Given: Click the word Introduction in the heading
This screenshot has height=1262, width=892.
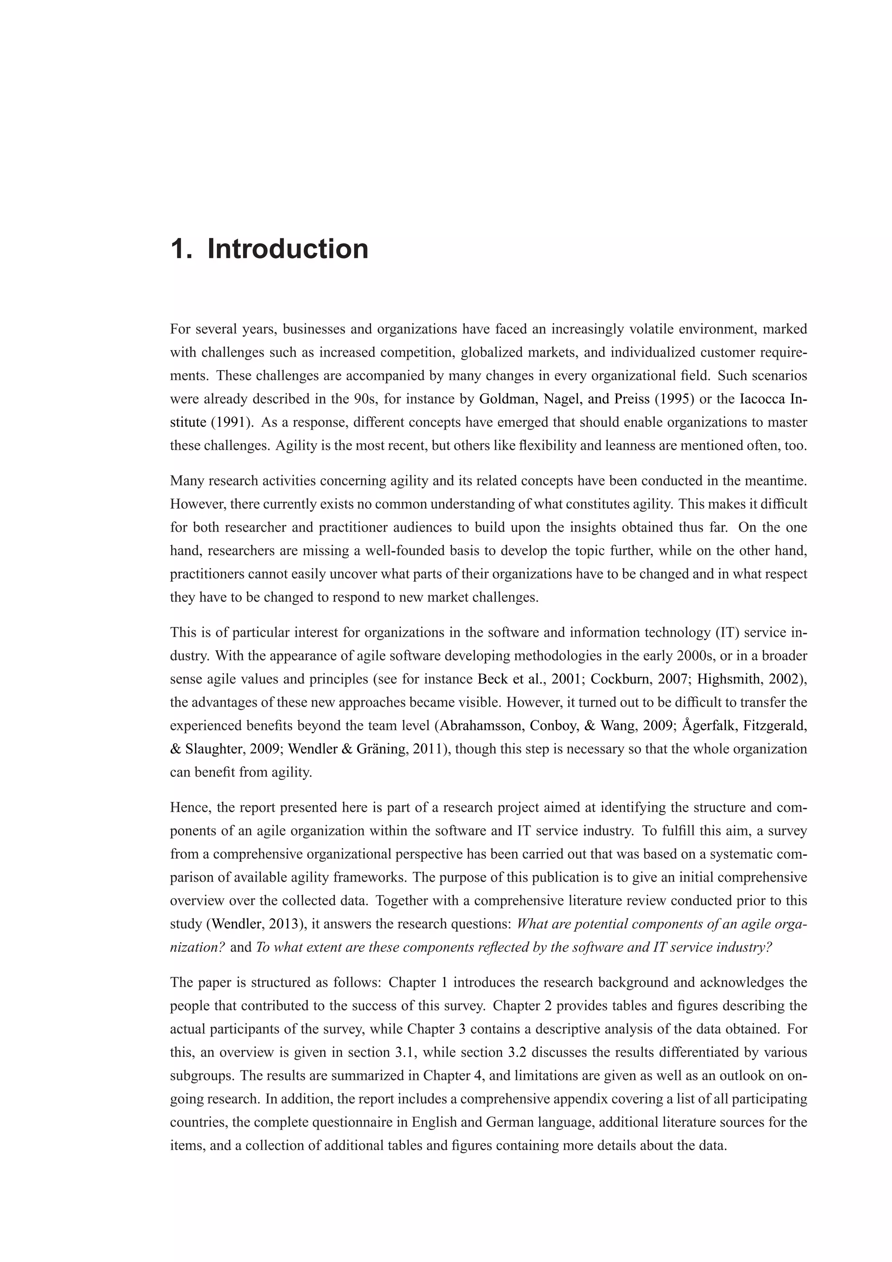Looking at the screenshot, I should coord(287,249).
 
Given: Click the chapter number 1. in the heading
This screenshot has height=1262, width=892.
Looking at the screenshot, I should coord(182,249).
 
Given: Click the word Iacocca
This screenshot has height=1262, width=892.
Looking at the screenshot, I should coord(762,399).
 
